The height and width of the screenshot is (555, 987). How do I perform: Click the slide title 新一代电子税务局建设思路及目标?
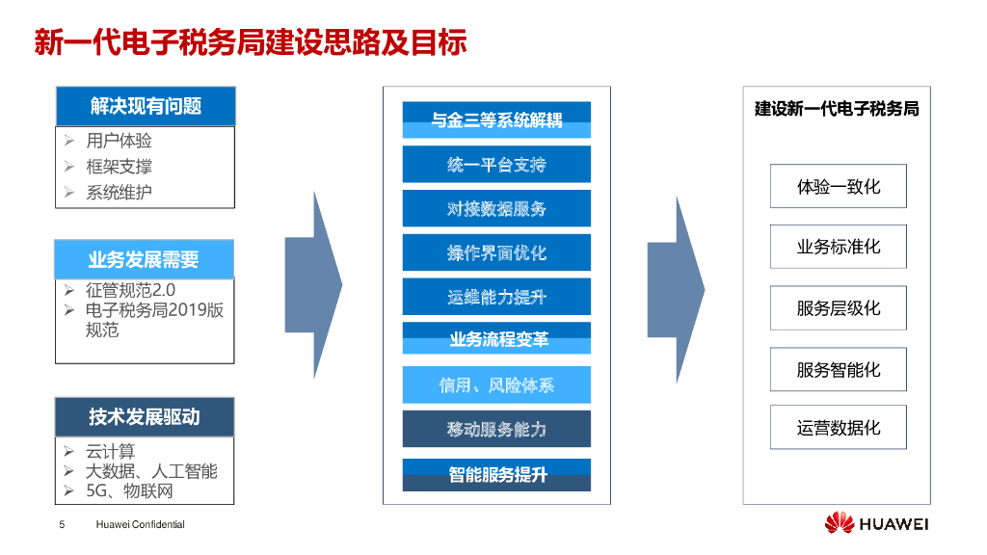click(251, 42)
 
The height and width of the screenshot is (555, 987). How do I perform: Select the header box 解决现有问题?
click(146, 106)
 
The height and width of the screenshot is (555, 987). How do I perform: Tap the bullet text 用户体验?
click(119, 141)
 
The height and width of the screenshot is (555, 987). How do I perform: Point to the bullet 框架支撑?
click(119, 166)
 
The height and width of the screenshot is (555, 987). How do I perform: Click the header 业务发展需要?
click(145, 259)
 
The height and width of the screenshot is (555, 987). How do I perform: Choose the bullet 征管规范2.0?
click(130, 290)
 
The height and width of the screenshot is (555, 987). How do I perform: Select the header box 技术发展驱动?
click(145, 416)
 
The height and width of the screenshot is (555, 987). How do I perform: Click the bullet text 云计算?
click(111, 451)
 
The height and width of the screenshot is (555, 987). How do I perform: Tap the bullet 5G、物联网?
click(129, 490)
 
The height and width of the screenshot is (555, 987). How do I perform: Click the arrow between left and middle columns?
click(313, 285)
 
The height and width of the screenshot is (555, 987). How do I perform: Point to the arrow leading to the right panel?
click(676, 289)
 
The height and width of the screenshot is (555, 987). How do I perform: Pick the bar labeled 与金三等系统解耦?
click(496, 119)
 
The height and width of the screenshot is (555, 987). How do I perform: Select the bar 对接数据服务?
click(496, 208)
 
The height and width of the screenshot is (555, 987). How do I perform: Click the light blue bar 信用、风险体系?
click(496, 384)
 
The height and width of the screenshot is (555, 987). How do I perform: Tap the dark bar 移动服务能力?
click(496, 429)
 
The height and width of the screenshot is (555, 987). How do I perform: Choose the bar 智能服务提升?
click(496, 474)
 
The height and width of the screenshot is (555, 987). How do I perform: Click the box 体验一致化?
click(839, 186)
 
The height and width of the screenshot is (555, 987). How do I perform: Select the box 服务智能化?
click(839, 369)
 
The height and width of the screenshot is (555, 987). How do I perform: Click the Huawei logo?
click(876, 523)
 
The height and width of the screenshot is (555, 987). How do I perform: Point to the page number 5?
click(62, 524)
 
